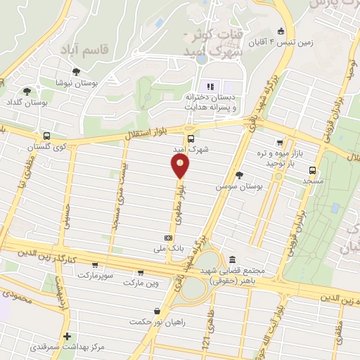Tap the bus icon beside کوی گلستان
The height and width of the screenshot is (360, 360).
click(46, 136)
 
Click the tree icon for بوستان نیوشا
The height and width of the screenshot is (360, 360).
click(76, 72)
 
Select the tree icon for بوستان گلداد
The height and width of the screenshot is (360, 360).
click(27, 91)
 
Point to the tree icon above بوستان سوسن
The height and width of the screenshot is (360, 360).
click(240, 175)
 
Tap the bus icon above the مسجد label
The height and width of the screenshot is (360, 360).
click(312, 169)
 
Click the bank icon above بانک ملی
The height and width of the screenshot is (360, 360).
click(167, 238)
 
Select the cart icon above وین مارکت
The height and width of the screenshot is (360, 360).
click(141, 272)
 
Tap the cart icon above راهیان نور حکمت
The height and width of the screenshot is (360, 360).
click(156, 310)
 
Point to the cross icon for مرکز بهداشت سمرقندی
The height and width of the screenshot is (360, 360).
click(67, 337)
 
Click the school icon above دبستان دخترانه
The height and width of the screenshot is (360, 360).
click(210, 86)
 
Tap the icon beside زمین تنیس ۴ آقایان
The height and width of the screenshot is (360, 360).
click(281, 30)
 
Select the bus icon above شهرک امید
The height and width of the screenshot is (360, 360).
click(191, 139)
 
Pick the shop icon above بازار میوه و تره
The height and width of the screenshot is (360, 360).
click(280, 142)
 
